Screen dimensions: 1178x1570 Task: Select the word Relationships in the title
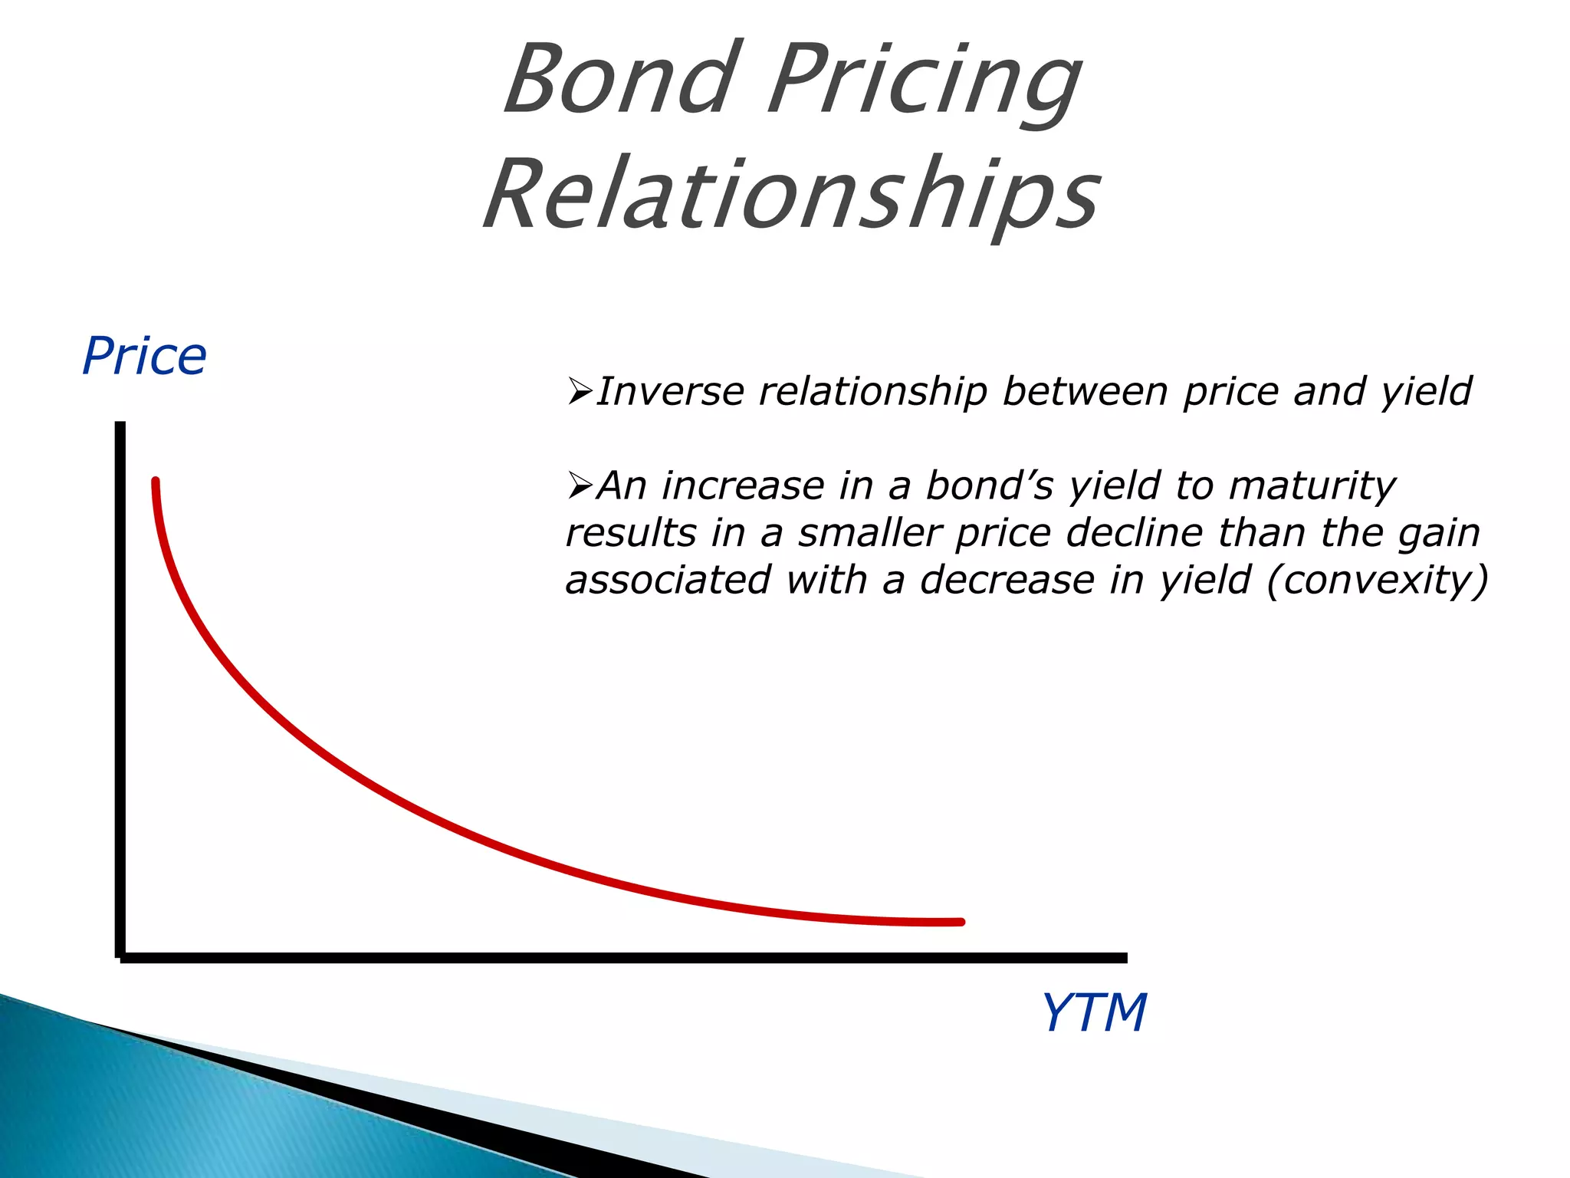[792, 194]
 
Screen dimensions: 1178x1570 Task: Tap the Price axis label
[144, 357]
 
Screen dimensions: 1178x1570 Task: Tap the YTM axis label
[1094, 1013]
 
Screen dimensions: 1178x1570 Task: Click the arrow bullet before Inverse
[580, 392]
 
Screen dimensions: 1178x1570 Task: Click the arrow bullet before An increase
[580, 486]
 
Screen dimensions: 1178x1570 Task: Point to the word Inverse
[670, 391]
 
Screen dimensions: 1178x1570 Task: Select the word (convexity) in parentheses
[1377, 580]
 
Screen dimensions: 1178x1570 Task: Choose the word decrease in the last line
[1007, 580]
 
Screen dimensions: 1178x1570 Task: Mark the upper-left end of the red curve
[156, 482]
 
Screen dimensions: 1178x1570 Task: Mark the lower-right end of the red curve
[961, 922]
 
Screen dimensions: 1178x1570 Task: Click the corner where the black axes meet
[120, 957]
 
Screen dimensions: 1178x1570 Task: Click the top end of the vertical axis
[120, 425]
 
